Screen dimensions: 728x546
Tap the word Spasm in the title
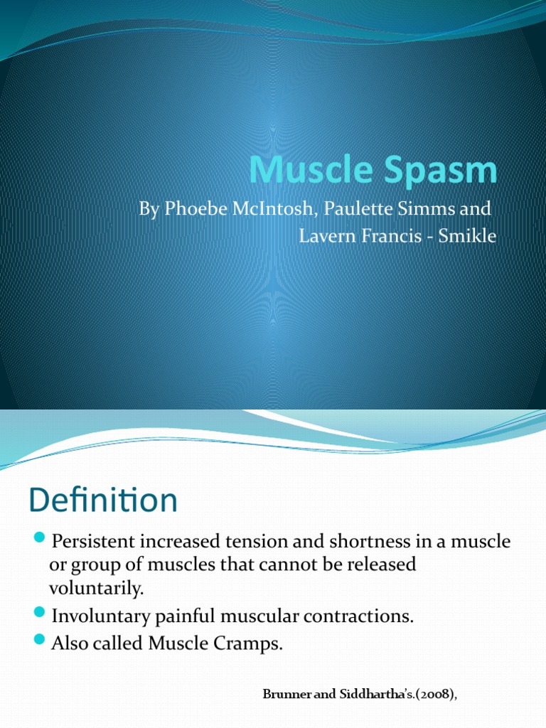pyautogui.click(x=437, y=171)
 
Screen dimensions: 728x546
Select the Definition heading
pyautogui.click(x=103, y=501)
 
